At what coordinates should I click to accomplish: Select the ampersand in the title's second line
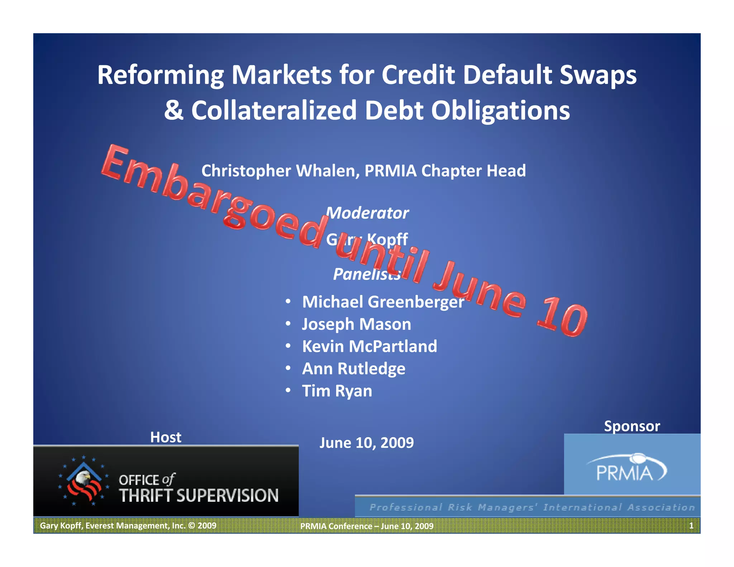click(x=173, y=110)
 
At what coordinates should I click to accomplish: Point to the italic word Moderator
click(x=368, y=213)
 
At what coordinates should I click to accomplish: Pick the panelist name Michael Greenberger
click(x=383, y=302)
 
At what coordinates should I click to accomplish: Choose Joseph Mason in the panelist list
click(x=357, y=324)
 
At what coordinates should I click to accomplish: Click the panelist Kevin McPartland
click(x=370, y=346)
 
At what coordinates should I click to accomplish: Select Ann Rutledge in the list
click(x=354, y=368)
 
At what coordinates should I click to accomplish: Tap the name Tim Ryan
click(x=337, y=391)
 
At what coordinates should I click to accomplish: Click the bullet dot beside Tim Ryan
click(x=288, y=390)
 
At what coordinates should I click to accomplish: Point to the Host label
click(x=166, y=437)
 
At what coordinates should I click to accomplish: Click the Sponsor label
click(x=632, y=426)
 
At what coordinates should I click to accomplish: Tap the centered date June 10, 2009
click(x=367, y=443)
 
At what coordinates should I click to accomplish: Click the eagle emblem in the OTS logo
click(x=84, y=480)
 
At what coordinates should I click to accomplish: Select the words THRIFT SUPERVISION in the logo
click(x=199, y=496)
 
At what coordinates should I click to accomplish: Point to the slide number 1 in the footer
click(x=691, y=525)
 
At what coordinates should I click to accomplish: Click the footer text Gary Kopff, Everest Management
click(x=128, y=525)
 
